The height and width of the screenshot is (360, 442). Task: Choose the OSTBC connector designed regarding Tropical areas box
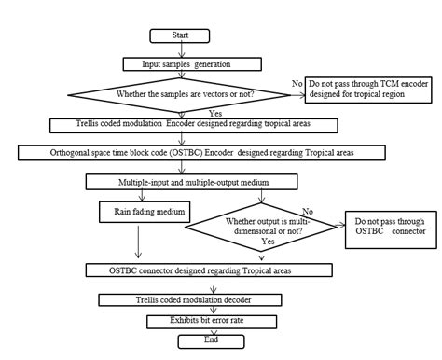208,270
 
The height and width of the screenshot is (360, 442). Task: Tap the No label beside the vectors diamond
297,84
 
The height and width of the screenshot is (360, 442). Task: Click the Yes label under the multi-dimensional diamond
269,241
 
